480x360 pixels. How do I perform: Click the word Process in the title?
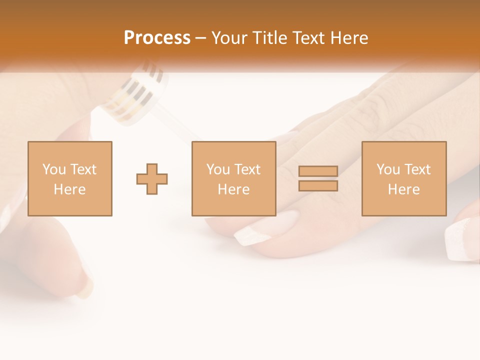coord(157,38)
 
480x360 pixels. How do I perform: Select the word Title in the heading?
coord(270,38)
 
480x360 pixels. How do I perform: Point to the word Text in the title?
coord(309,38)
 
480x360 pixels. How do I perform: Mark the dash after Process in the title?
coord(201,38)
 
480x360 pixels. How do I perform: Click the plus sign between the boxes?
coord(152,179)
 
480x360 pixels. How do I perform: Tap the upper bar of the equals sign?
coord(318,171)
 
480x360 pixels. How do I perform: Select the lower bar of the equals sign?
coord(318,185)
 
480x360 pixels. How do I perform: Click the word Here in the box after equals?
coord(403,189)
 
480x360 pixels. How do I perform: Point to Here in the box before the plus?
coord(69,189)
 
